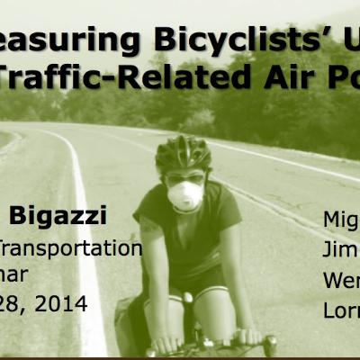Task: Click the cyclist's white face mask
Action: pyautogui.click(x=185, y=195)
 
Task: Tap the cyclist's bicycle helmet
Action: pyautogui.click(x=184, y=153)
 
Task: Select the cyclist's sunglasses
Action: pyautogui.click(x=184, y=178)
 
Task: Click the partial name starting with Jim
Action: pyautogui.click(x=341, y=250)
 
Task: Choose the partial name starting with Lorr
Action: pyautogui.click(x=341, y=310)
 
